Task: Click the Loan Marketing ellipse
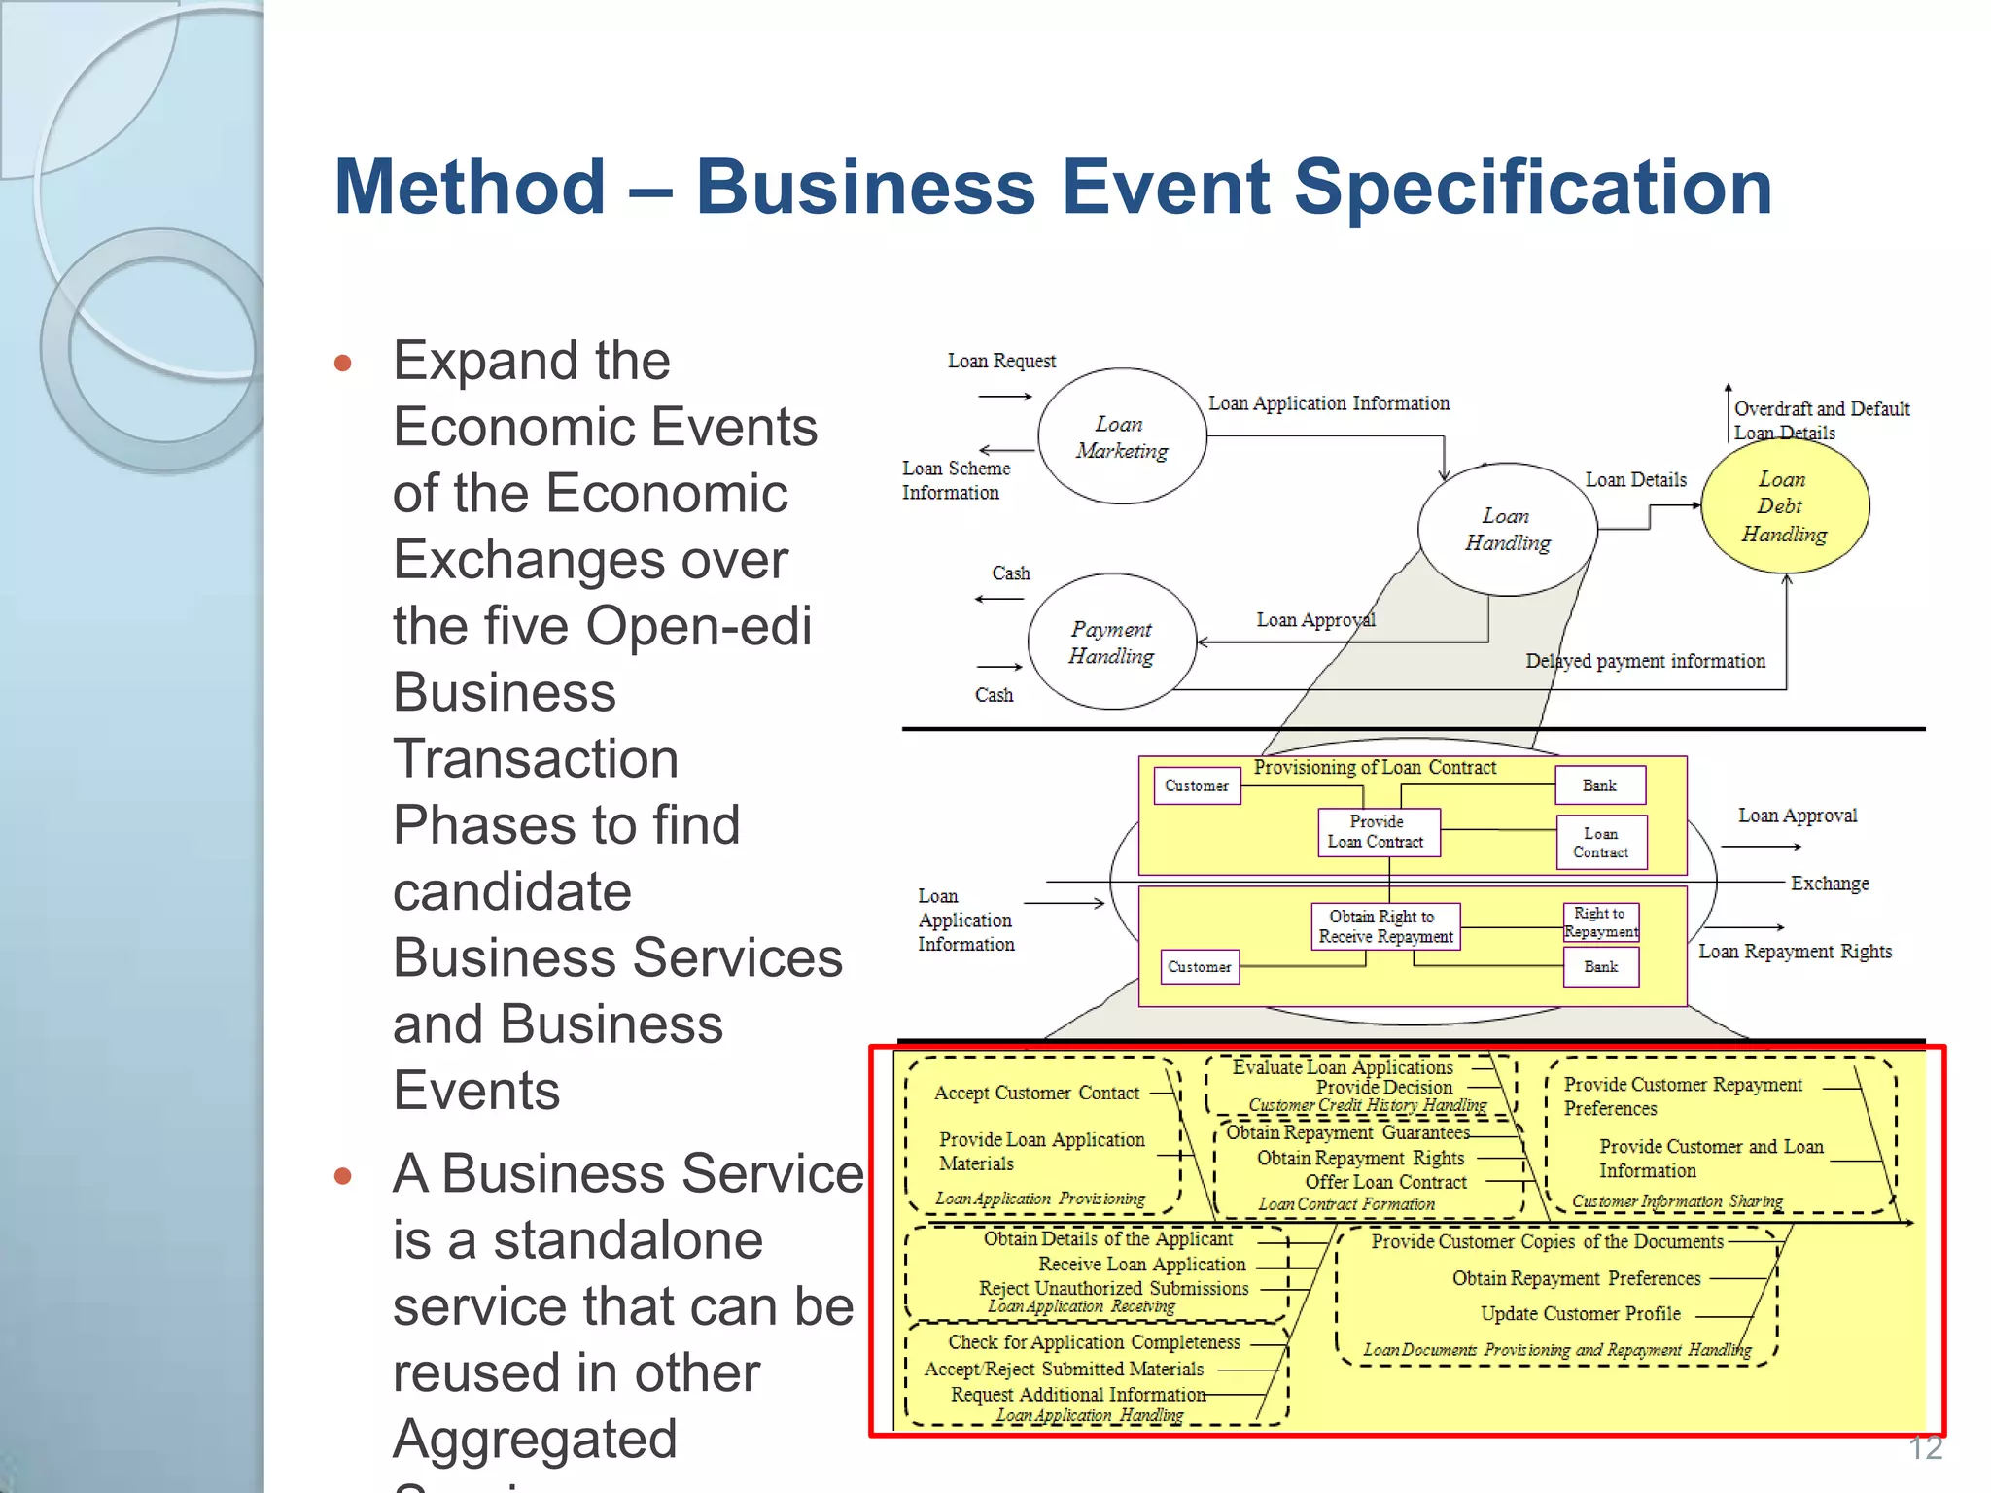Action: click(1122, 436)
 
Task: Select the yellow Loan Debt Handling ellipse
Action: click(1785, 506)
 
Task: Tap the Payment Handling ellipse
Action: click(1112, 642)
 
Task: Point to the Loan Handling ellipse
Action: click(1507, 529)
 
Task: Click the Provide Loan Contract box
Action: click(1378, 832)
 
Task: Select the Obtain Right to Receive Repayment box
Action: click(1385, 926)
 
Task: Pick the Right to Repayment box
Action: click(1600, 922)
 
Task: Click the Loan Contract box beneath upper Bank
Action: click(1600, 842)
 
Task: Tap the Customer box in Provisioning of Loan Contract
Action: click(1197, 785)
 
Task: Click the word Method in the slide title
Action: click(471, 187)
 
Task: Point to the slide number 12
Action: click(1925, 1447)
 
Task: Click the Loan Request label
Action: click(1001, 362)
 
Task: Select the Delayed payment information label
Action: click(1645, 661)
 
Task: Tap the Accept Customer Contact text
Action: click(1036, 1094)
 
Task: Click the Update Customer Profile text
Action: click(1580, 1314)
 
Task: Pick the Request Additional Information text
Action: click(1077, 1395)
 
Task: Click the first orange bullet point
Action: click(342, 364)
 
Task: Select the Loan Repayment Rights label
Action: click(1795, 952)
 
